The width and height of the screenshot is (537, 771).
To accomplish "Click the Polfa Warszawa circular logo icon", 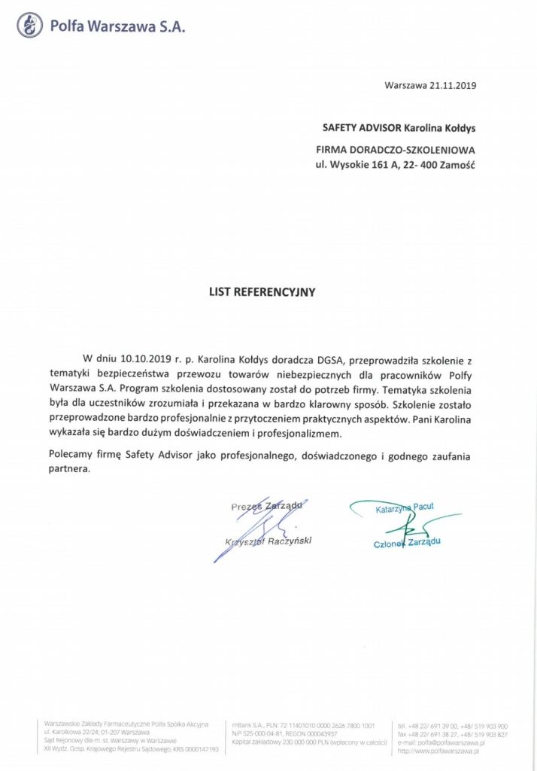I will tap(29, 26).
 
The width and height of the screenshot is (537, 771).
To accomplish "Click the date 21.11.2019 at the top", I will tap(454, 85).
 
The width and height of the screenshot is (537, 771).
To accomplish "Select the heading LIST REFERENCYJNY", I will tap(262, 291).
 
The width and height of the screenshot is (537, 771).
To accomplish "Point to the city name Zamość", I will tap(457, 164).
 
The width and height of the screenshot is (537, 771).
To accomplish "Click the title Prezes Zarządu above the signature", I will tap(260, 507).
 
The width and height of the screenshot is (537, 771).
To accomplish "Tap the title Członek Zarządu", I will tap(406, 542).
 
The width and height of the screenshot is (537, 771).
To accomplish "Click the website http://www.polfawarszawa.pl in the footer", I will tap(441, 750).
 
